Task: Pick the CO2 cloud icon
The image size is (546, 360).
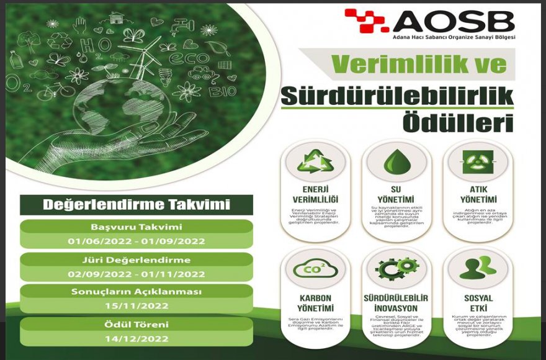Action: coord(315,269)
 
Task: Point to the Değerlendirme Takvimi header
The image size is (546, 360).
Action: coord(136,205)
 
